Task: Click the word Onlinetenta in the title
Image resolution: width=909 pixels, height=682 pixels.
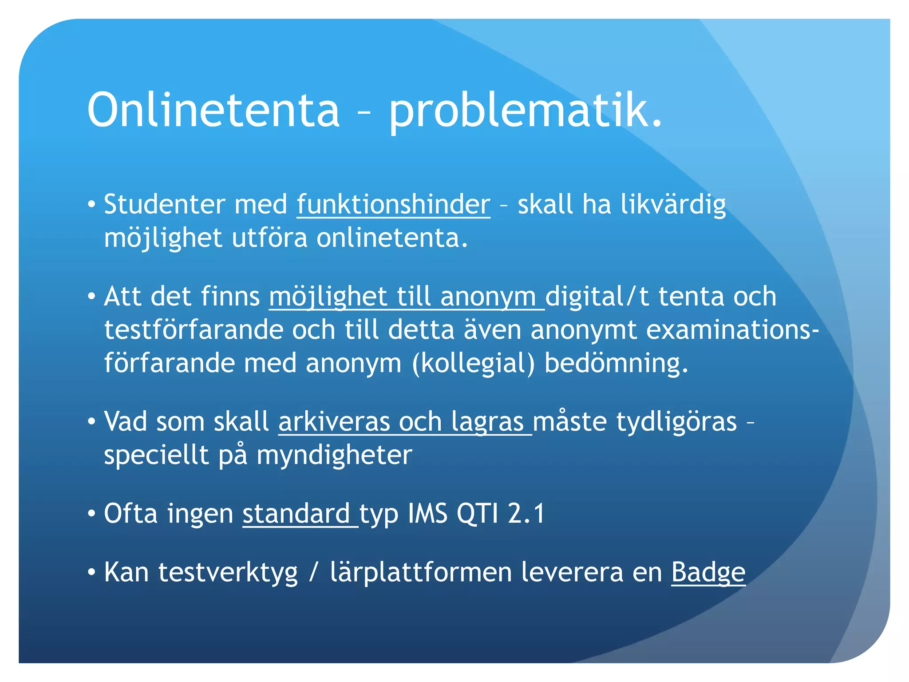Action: (x=213, y=110)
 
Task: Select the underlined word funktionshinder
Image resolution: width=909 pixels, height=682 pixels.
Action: (x=393, y=205)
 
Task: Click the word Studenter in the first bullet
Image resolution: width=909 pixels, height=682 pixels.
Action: (x=164, y=205)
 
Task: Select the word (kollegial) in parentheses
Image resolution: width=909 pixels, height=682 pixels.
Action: (x=473, y=364)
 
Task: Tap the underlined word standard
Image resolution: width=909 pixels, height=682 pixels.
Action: (x=296, y=514)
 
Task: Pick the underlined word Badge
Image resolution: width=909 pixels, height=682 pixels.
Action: (x=708, y=572)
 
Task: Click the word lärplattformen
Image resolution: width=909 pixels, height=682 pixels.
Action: (x=421, y=572)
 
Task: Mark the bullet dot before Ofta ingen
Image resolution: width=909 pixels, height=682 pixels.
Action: (x=92, y=514)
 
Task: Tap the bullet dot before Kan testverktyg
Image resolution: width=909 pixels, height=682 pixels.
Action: (x=92, y=572)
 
